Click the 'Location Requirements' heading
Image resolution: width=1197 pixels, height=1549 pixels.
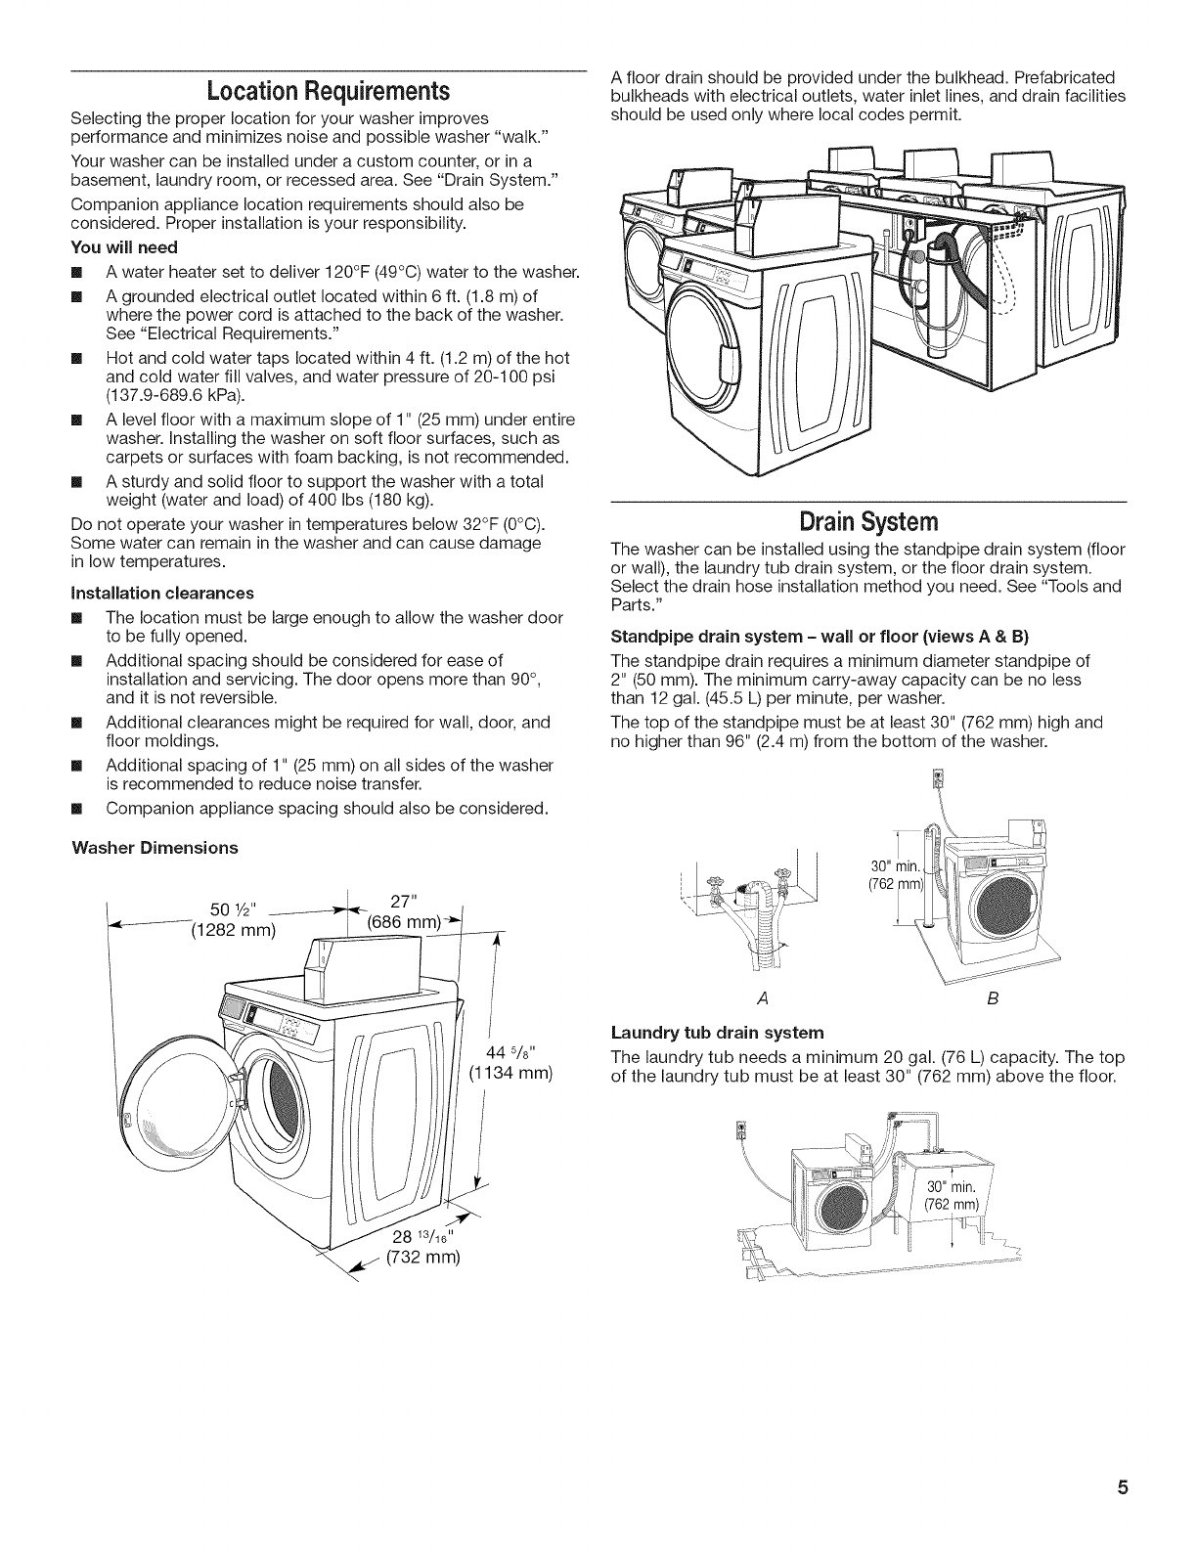click(x=328, y=92)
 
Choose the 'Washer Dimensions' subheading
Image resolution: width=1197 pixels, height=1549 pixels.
click(x=155, y=847)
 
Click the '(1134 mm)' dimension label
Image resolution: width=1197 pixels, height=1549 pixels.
click(x=511, y=1075)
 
